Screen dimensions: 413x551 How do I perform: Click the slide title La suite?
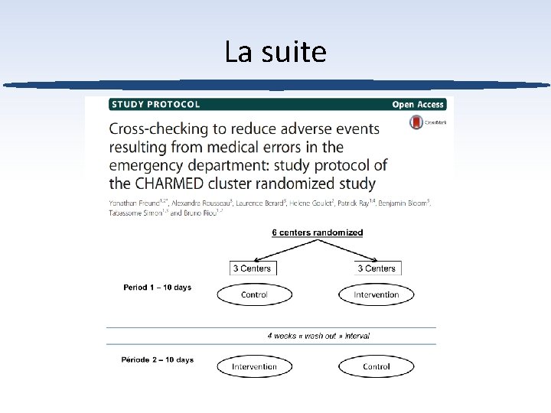(x=275, y=52)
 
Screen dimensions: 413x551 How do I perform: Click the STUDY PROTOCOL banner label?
(x=156, y=104)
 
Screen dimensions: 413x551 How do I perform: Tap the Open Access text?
(x=418, y=104)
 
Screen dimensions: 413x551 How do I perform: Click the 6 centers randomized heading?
(x=318, y=233)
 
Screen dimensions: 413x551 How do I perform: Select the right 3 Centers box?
(x=377, y=268)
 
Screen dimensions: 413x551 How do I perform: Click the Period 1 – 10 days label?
(x=158, y=288)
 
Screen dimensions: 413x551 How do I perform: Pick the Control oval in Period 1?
(x=254, y=294)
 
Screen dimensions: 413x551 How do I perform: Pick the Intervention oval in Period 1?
(x=376, y=294)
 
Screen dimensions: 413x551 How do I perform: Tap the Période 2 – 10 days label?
(x=158, y=360)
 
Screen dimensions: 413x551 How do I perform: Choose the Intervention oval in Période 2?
(x=254, y=366)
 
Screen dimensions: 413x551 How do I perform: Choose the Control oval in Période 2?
(x=376, y=366)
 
